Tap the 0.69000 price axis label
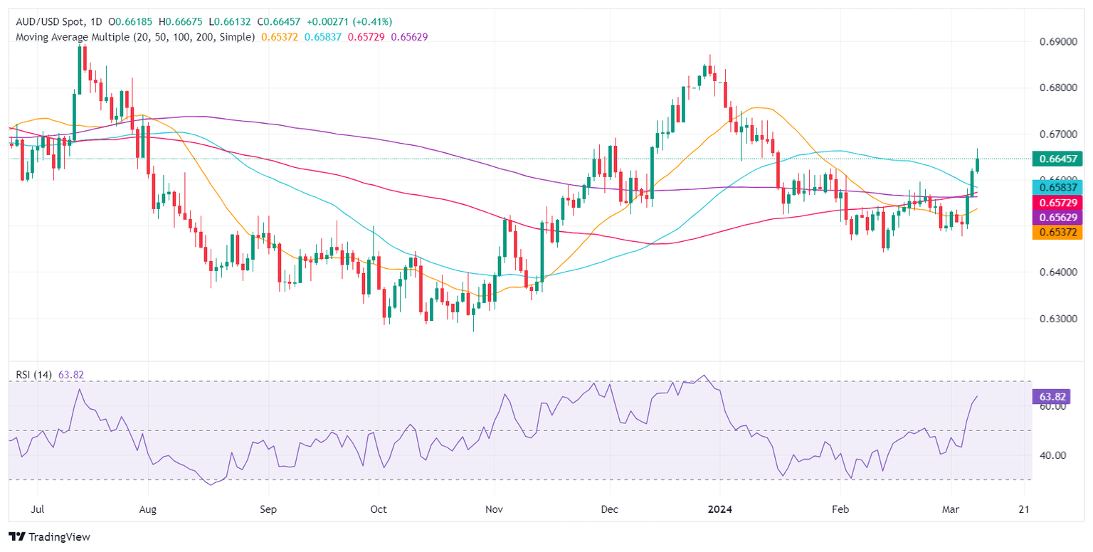click(x=1057, y=42)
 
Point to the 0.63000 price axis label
click(x=1057, y=319)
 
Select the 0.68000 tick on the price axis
click(x=1057, y=88)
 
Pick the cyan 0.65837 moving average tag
click(x=1057, y=187)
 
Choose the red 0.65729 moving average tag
click(x=1057, y=203)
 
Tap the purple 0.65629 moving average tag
click(x=1057, y=218)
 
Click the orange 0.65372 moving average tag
click(x=1057, y=233)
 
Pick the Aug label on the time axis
click(x=147, y=510)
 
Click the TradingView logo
click(x=49, y=537)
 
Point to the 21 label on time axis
click(x=1024, y=510)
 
